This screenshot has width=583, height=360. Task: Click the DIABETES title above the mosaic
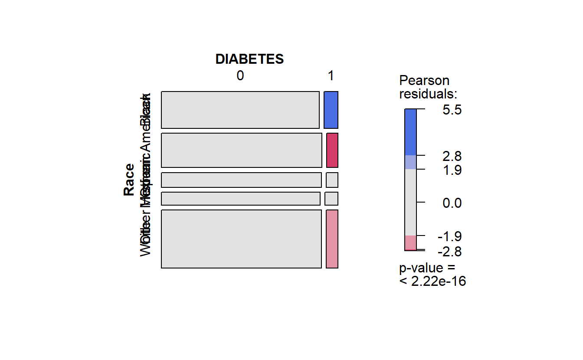(249, 59)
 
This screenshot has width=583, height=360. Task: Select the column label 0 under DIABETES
(240, 76)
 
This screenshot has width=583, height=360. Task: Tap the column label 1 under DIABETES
(331, 76)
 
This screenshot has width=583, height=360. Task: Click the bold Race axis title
(129, 180)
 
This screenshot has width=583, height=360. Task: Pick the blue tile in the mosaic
(331, 110)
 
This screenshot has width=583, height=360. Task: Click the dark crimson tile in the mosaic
(332, 150)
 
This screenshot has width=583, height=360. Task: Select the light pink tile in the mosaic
(332, 239)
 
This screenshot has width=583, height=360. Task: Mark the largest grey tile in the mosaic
(241, 239)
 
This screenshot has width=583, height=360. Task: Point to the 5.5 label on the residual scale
(452, 110)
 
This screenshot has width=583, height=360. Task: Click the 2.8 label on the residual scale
(452, 156)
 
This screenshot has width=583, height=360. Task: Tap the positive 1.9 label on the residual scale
(452, 170)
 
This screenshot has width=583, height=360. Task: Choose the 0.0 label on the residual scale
(452, 203)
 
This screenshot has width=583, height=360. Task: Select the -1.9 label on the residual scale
(450, 237)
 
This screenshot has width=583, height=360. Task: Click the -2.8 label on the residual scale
(450, 252)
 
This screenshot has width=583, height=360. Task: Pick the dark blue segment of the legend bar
(410, 132)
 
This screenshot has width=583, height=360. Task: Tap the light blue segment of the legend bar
(410, 162)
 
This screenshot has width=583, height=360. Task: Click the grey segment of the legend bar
(410, 202)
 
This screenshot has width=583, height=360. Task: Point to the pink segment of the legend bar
(410, 242)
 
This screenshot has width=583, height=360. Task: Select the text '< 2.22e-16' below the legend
(432, 281)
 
